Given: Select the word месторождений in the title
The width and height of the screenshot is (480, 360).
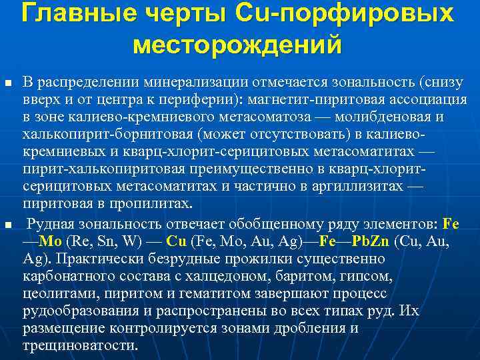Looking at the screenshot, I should pos(237,45).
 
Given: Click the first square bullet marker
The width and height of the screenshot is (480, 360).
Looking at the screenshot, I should pos(8,83).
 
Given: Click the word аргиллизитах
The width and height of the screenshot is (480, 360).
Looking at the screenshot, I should pos(347,187).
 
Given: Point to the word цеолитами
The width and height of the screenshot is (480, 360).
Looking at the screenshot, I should pos(56,293).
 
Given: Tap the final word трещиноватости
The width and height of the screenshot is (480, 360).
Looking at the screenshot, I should pos(79,345).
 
